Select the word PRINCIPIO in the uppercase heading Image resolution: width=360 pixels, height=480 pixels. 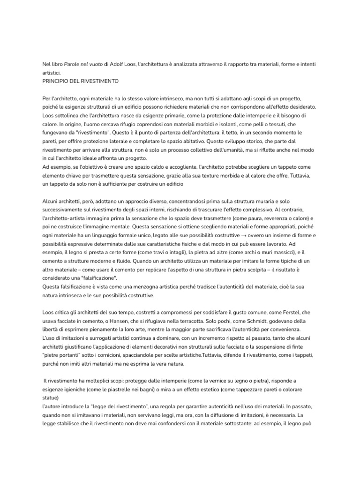point(57,81)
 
